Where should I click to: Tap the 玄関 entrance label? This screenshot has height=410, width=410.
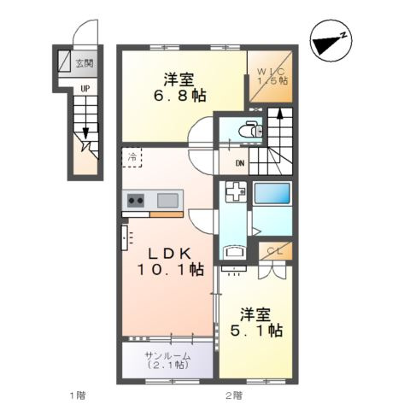pos(84,62)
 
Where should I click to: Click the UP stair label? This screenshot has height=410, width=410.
pos(85,87)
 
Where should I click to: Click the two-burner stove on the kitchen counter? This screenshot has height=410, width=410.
pos(136,201)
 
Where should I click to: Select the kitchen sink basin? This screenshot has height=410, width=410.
pos(167,201)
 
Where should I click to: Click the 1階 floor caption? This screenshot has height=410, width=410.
pos(78,395)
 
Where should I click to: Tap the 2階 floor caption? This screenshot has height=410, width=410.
pos(233,395)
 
